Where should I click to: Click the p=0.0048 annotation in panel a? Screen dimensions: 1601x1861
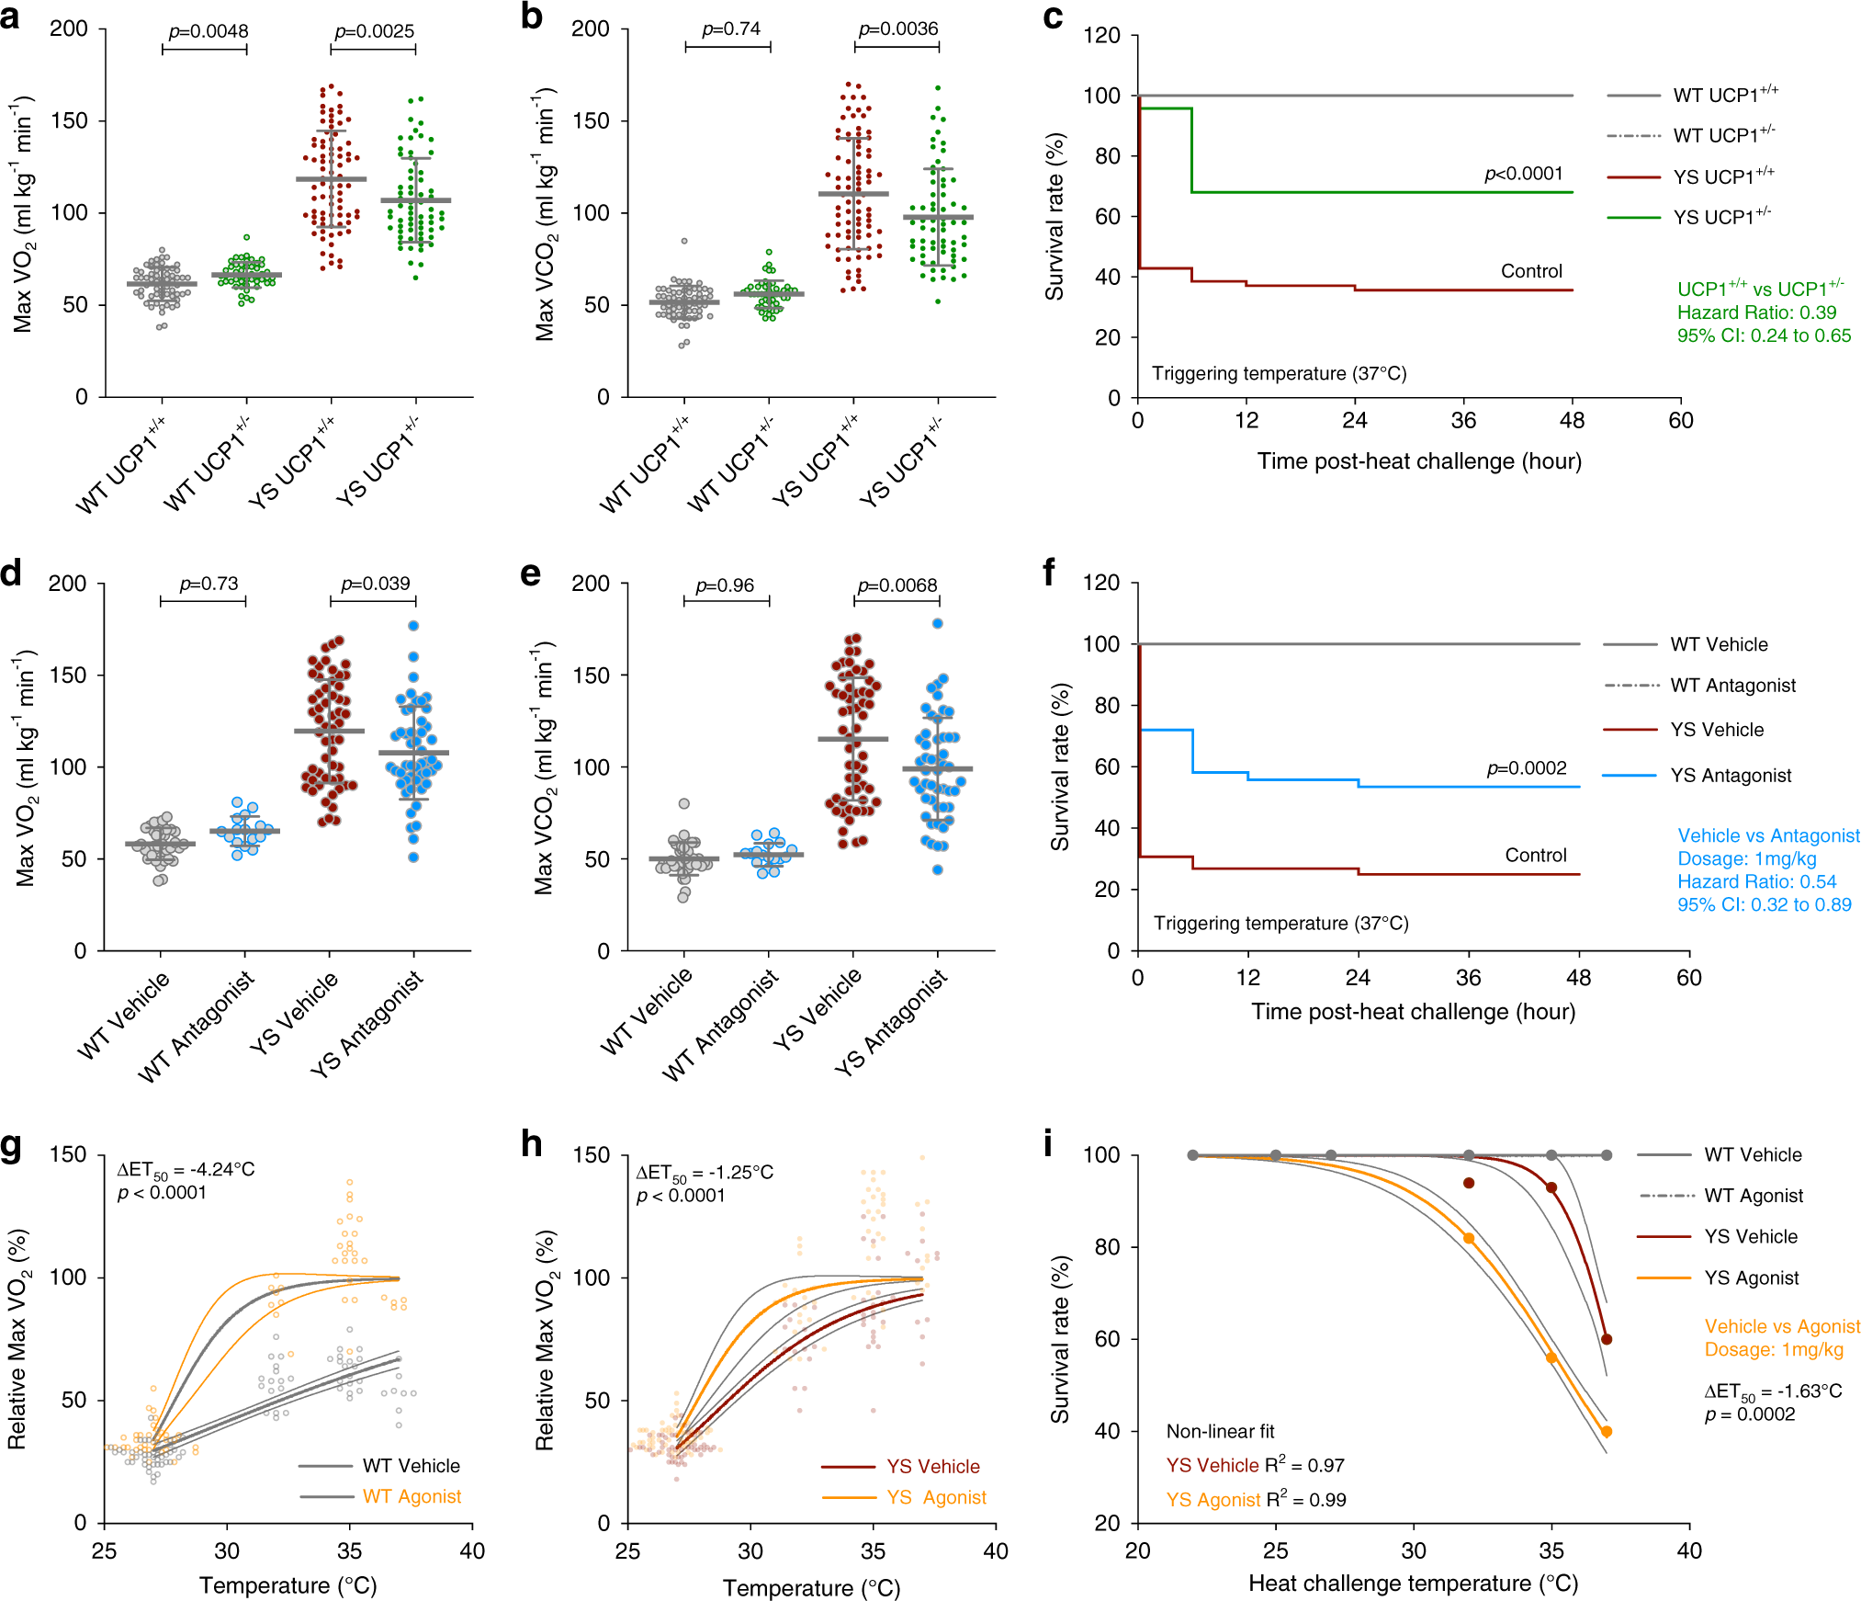pos(208,31)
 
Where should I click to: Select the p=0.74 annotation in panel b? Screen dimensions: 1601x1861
pos(731,29)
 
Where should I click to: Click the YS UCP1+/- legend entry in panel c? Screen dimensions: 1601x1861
pos(1721,217)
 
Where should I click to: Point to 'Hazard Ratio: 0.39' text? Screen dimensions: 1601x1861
pos(1756,312)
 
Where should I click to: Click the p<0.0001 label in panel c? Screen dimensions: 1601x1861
pos(1523,174)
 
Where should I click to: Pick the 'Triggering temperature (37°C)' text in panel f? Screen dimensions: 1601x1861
pos(1280,923)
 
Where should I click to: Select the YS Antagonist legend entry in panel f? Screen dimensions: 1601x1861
pos(1731,776)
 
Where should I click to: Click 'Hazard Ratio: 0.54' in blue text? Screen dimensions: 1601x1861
pos(1756,881)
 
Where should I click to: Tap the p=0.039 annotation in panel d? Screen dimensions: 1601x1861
pos(375,584)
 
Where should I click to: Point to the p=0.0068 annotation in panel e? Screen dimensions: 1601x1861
pos(897,585)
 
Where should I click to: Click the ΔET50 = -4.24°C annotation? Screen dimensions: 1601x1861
pos(186,1170)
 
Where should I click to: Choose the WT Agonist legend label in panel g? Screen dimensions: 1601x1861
pos(412,1496)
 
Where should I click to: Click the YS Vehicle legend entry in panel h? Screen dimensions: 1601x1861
pos(932,1466)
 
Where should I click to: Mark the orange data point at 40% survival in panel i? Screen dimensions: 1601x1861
pos(1607,1431)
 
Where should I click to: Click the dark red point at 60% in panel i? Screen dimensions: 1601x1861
pos(1607,1339)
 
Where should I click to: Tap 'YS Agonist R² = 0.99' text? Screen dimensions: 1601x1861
pos(1256,1500)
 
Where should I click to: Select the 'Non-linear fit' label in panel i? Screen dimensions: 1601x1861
pos(1220,1431)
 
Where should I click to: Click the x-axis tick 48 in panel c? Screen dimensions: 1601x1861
pos(1572,421)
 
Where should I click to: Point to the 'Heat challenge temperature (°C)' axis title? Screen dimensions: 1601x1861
pos(1413,1583)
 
